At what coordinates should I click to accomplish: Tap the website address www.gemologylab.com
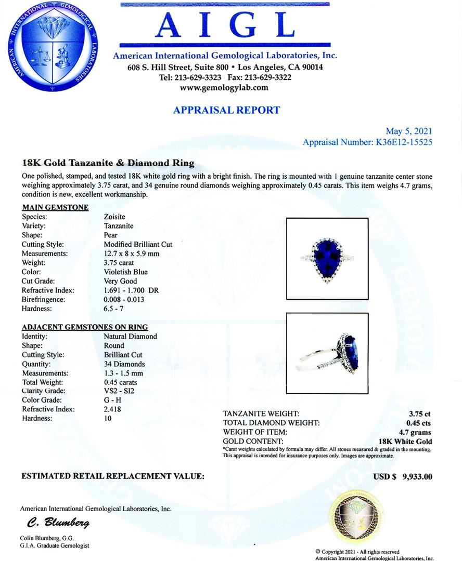[224, 88]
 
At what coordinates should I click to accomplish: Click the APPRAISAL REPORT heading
[226, 110]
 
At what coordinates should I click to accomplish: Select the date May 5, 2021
[408, 131]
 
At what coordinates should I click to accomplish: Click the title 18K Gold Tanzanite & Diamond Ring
[108, 163]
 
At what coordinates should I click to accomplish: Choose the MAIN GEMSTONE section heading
[55, 208]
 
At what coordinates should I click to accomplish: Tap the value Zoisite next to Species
[114, 217]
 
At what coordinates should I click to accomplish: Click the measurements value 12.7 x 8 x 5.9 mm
[131, 253]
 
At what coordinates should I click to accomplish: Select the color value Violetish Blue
[125, 272]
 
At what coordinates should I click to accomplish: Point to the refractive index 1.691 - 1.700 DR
[131, 290]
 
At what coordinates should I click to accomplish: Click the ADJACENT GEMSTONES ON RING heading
[85, 327]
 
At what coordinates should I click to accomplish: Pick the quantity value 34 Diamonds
[124, 364]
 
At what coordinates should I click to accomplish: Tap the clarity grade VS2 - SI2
[119, 391]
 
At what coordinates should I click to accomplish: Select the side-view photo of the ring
[327, 353]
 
